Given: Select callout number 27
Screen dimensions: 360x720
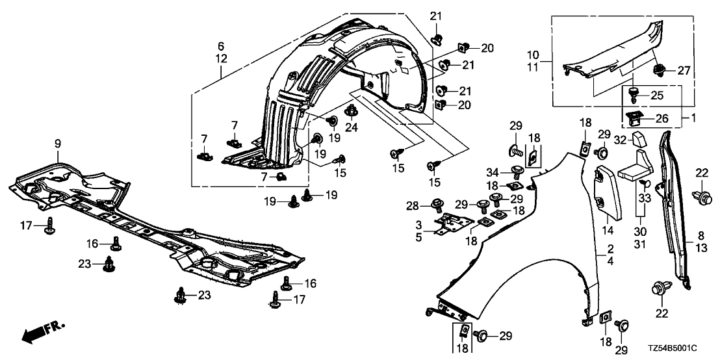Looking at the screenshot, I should (680, 70).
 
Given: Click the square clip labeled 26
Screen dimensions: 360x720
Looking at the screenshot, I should (634, 118).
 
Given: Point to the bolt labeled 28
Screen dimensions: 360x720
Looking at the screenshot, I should (436, 207).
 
